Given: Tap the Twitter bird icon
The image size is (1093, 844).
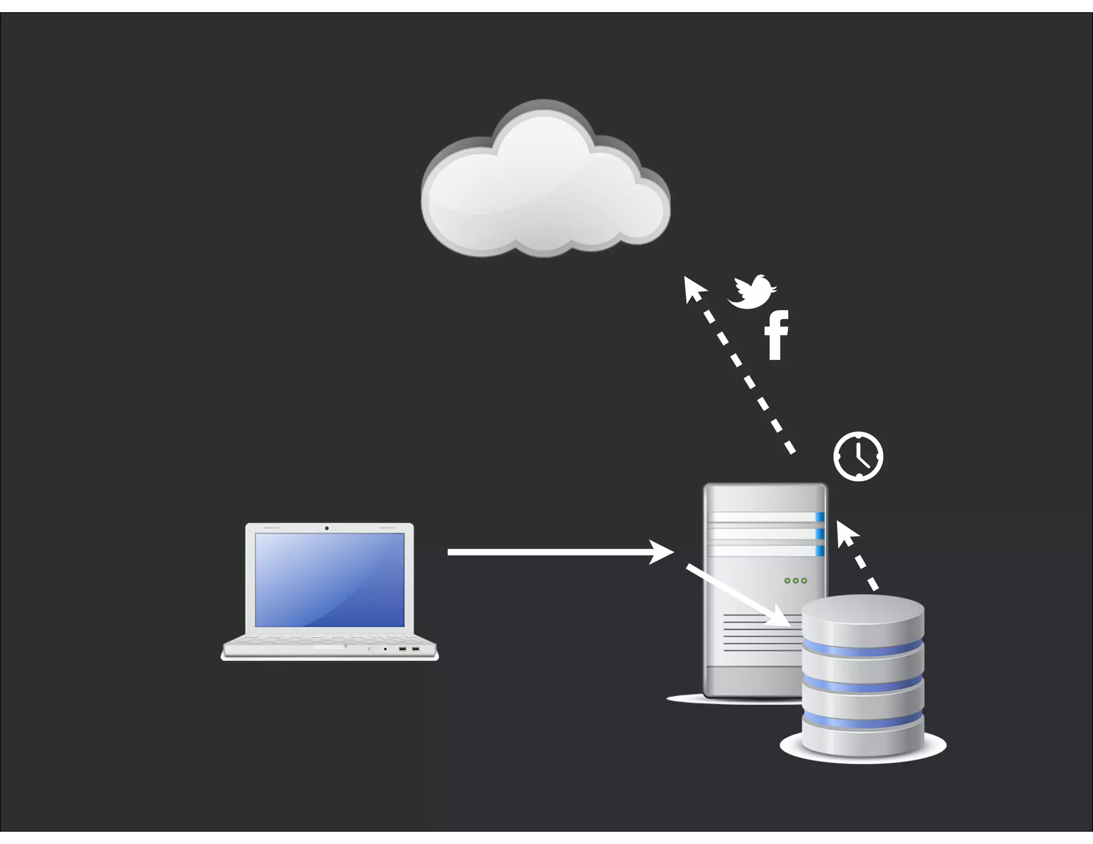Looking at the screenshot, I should click(x=751, y=292).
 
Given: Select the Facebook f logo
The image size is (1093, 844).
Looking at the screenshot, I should click(x=777, y=335).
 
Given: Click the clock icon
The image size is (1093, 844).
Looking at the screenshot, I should click(x=858, y=457).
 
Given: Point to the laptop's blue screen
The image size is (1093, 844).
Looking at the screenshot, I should click(x=329, y=579).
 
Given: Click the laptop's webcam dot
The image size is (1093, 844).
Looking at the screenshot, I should click(x=327, y=528).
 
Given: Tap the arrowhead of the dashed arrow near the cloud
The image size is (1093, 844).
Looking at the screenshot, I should click(x=693, y=288).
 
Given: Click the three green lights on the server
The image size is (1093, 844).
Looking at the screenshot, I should click(x=795, y=580).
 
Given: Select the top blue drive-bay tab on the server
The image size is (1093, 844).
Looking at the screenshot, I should click(x=820, y=516).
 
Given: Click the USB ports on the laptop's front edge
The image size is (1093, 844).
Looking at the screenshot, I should click(x=409, y=649).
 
